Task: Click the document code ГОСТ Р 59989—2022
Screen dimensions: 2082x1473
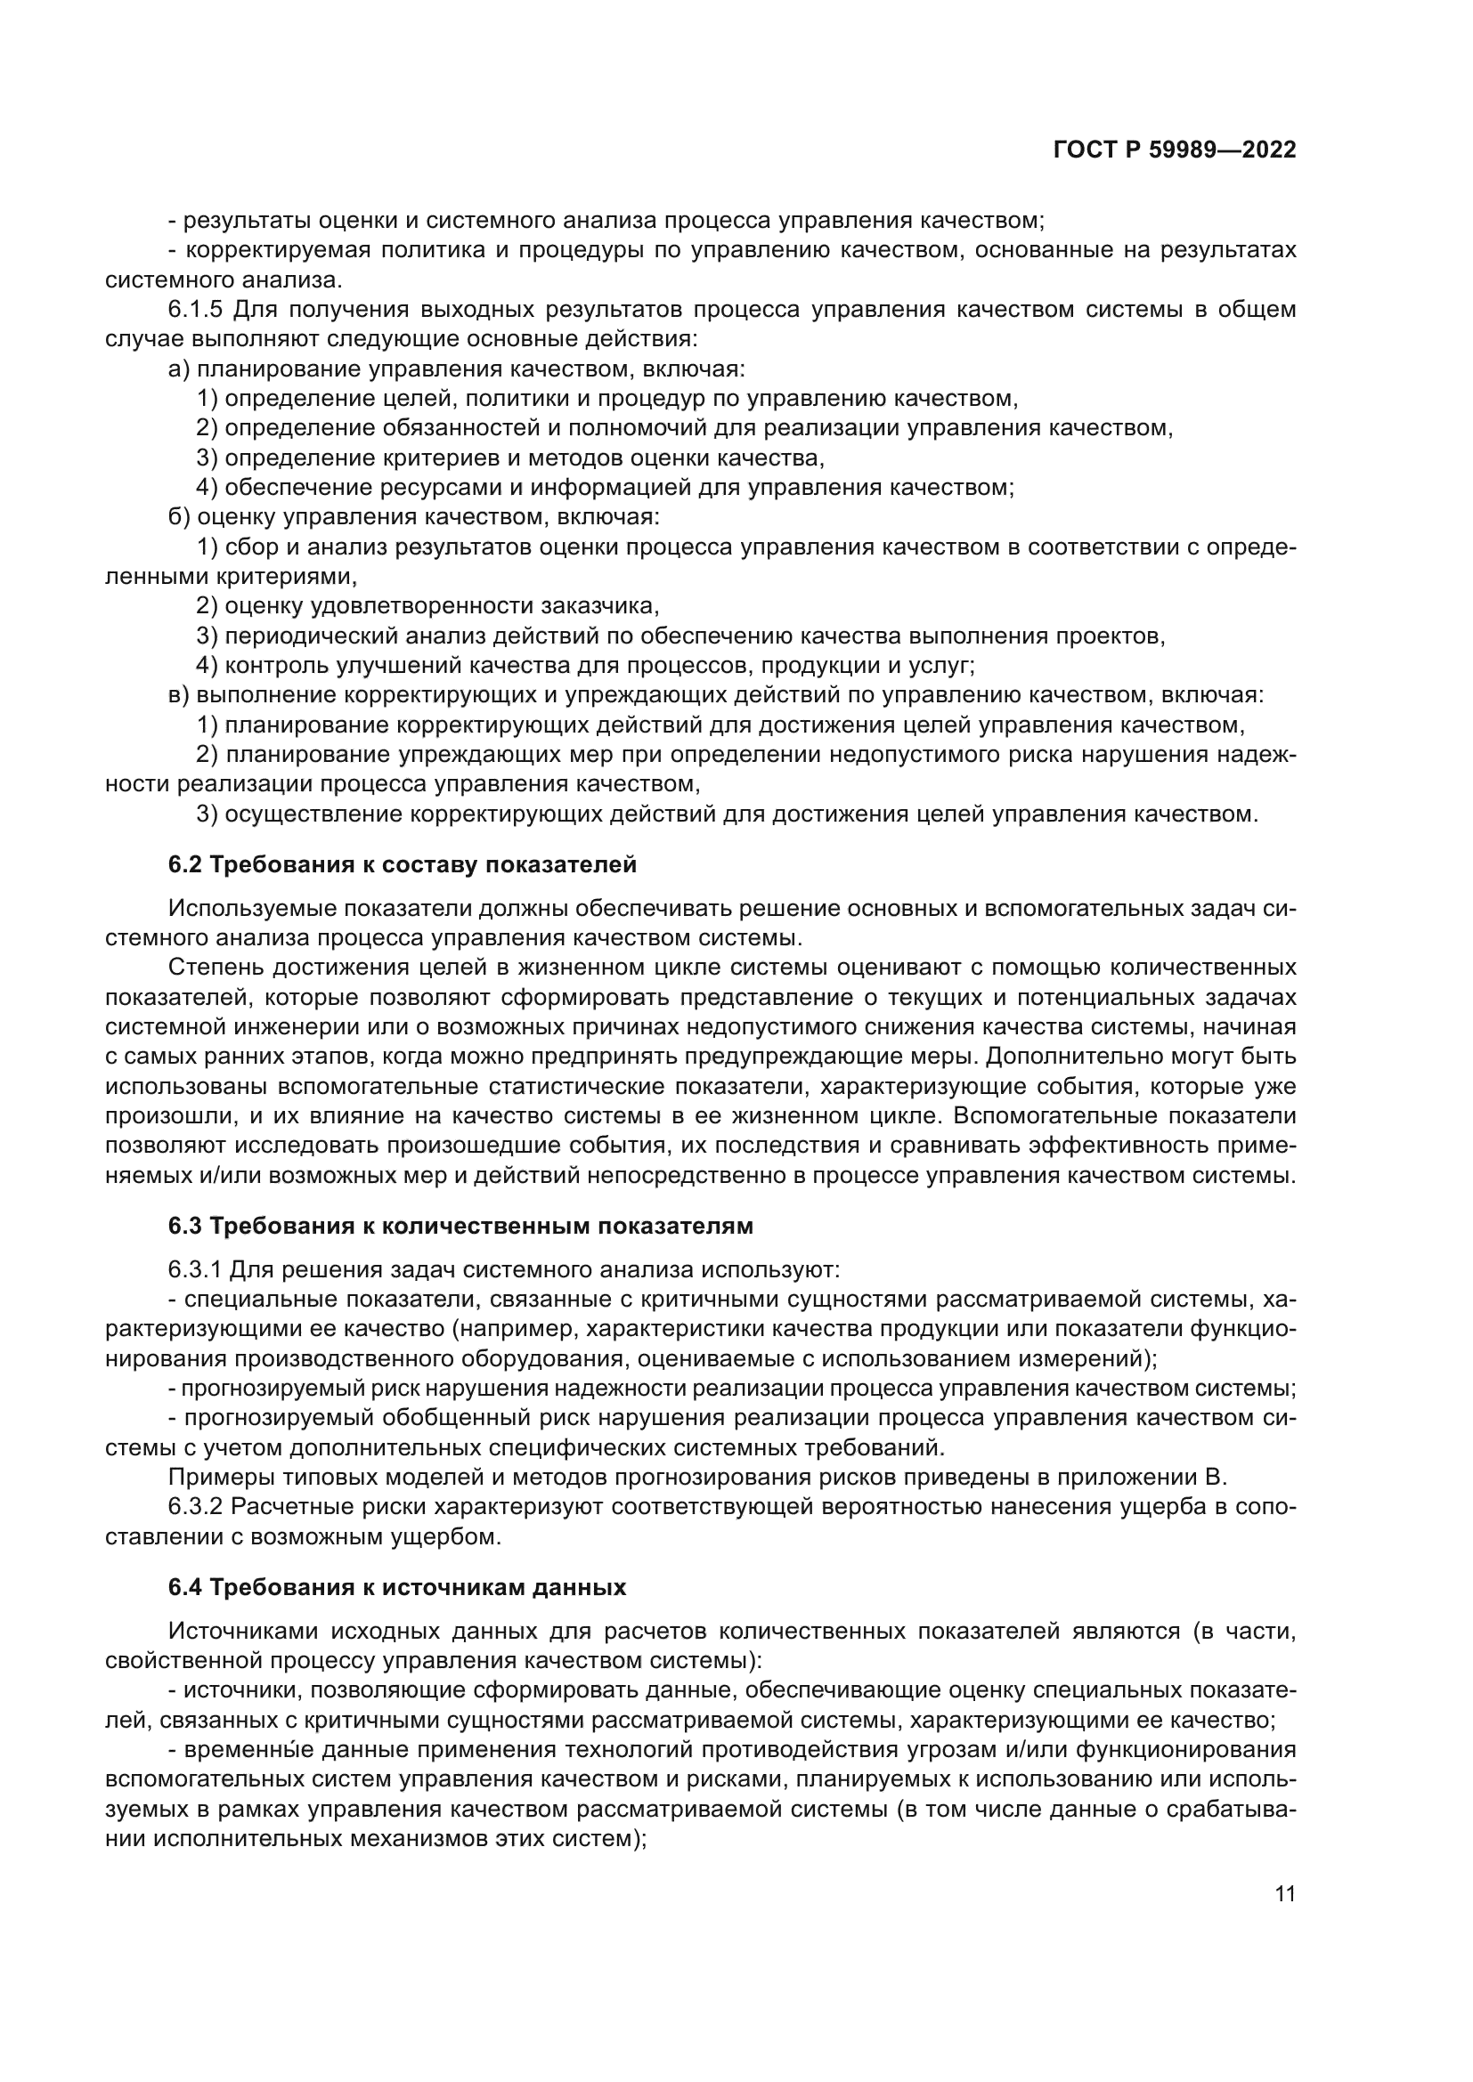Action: tap(1174, 150)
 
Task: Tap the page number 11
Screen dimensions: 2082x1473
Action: tap(1284, 1894)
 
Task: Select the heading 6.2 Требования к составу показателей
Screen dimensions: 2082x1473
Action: tap(402, 865)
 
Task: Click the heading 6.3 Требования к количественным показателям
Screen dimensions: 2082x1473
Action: tap(460, 1226)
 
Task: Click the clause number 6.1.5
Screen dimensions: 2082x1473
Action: tap(195, 310)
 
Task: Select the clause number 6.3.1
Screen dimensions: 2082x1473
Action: tap(195, 1270)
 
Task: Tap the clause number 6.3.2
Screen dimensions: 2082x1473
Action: tap(195, 1507)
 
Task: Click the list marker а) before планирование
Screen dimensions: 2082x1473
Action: tap(179, 369)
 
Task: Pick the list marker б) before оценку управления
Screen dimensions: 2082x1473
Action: tap(179, 518)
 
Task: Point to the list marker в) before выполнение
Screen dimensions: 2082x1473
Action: tap(179, 695)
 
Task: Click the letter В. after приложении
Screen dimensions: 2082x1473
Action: tap(1217, 1478)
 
